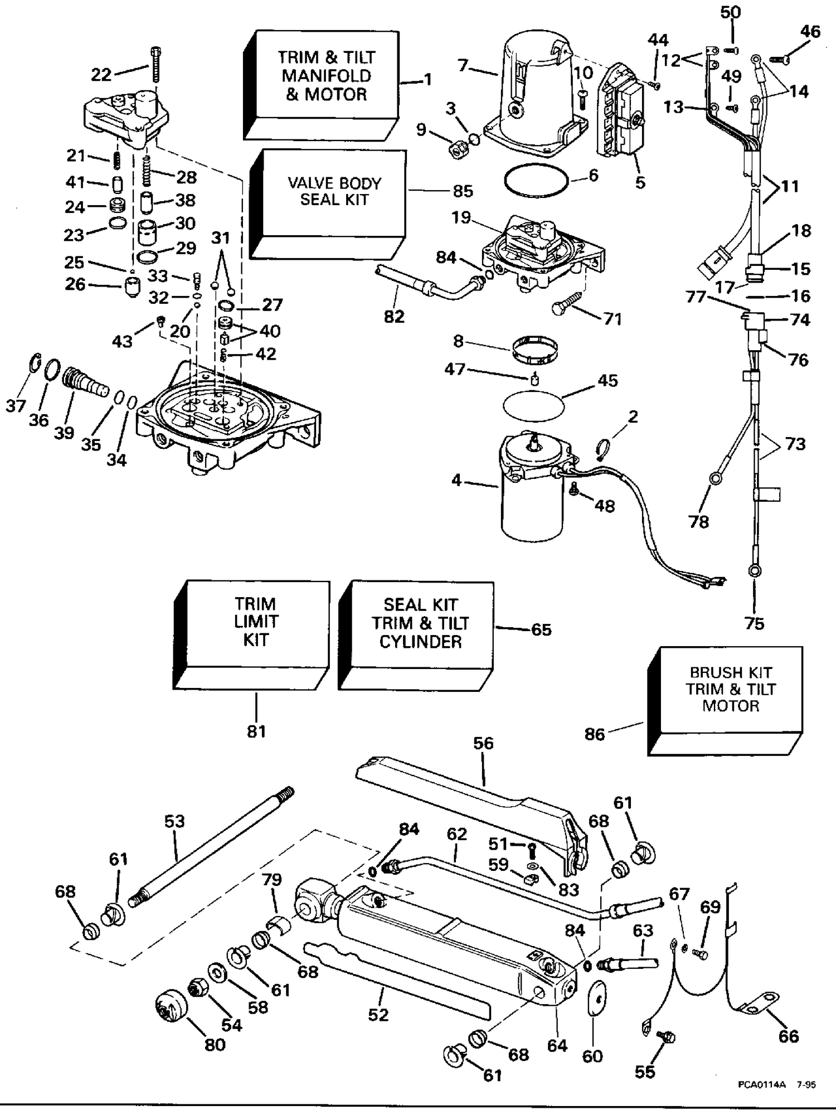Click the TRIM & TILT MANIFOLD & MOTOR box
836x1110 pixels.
[x=322, y=85]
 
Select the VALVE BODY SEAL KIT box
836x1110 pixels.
[x=328, y=203]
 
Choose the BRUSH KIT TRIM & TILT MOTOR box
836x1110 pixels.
[x=725, y=701]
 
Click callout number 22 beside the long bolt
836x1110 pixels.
[x=101, y=74]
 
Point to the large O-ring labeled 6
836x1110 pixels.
[x=536, y=180]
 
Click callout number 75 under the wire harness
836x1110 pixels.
[x=755, y=623]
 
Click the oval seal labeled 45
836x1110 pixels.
[x=533, y=405]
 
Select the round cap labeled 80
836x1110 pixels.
[x=171, y=1006]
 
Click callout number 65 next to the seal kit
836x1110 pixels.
[x=541, y=629]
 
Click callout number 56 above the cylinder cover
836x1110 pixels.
[x=483, y=743]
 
